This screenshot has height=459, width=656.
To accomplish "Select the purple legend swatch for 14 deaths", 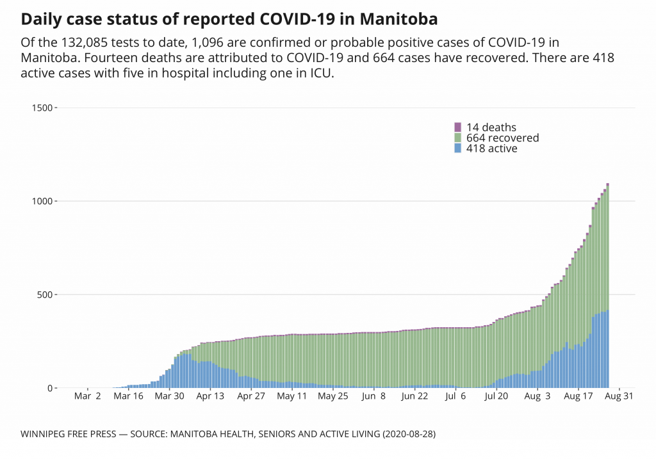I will point(457,127).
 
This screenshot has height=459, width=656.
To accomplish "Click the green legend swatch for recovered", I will point(457,138).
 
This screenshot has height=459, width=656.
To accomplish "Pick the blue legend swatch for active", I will point(457,148).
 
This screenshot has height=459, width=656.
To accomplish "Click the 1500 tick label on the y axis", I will point(42,108).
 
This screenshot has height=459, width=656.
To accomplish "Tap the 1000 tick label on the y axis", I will point(42,201).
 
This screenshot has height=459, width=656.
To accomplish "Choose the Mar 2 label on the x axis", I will point(88,396).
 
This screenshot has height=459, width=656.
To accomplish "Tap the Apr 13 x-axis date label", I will point(210,396).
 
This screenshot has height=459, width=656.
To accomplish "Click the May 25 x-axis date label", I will point(332,396).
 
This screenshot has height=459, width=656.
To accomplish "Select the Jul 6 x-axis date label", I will point(455,396).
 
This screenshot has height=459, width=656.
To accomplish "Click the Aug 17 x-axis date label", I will point(578,396).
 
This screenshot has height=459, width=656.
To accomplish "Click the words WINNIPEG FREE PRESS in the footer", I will point(69,433).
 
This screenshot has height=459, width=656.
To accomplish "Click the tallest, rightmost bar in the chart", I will point(607,288).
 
